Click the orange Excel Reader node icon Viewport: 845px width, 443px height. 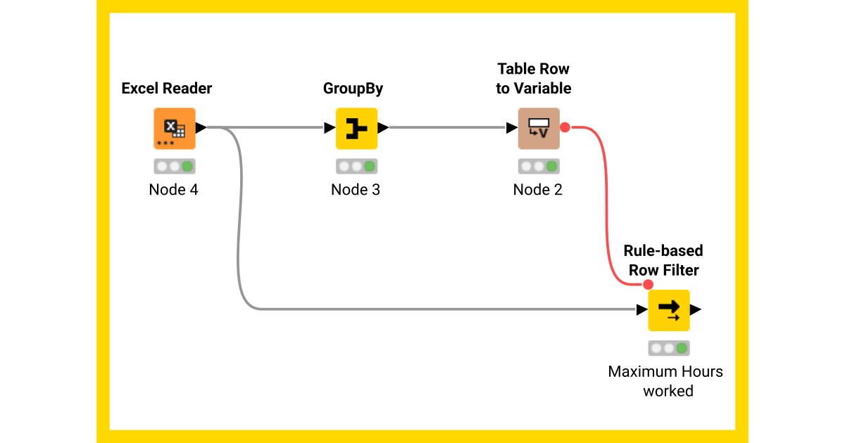pos(174,129)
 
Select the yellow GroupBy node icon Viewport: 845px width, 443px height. pos(356,129)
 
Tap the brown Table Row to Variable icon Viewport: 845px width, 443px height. pos(539,129)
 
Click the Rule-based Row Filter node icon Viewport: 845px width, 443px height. pos(668,310)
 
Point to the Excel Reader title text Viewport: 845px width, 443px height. pos(167,89)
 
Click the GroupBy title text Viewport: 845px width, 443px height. pos(353,89)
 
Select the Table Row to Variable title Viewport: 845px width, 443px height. pos(533,79)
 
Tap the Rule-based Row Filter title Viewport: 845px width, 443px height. pos(663,261)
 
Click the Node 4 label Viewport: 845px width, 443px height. pos(173,190)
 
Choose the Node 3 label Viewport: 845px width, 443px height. pos(356,190)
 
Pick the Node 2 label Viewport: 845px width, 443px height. pos(538,190)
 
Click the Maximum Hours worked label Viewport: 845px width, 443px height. pos(665,381)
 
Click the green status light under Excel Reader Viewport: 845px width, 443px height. pos(187,167)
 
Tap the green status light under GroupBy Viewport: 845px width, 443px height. pos(370,167)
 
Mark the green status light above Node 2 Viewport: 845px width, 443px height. pos(551,167)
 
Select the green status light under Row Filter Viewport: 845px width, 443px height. pos(681,348)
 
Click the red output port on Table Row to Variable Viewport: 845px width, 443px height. pos(565,128)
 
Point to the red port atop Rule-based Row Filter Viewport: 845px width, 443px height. pos(648,285)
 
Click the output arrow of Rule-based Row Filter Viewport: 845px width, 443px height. pos(696,310)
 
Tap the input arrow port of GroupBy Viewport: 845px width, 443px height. pos(330,128)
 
